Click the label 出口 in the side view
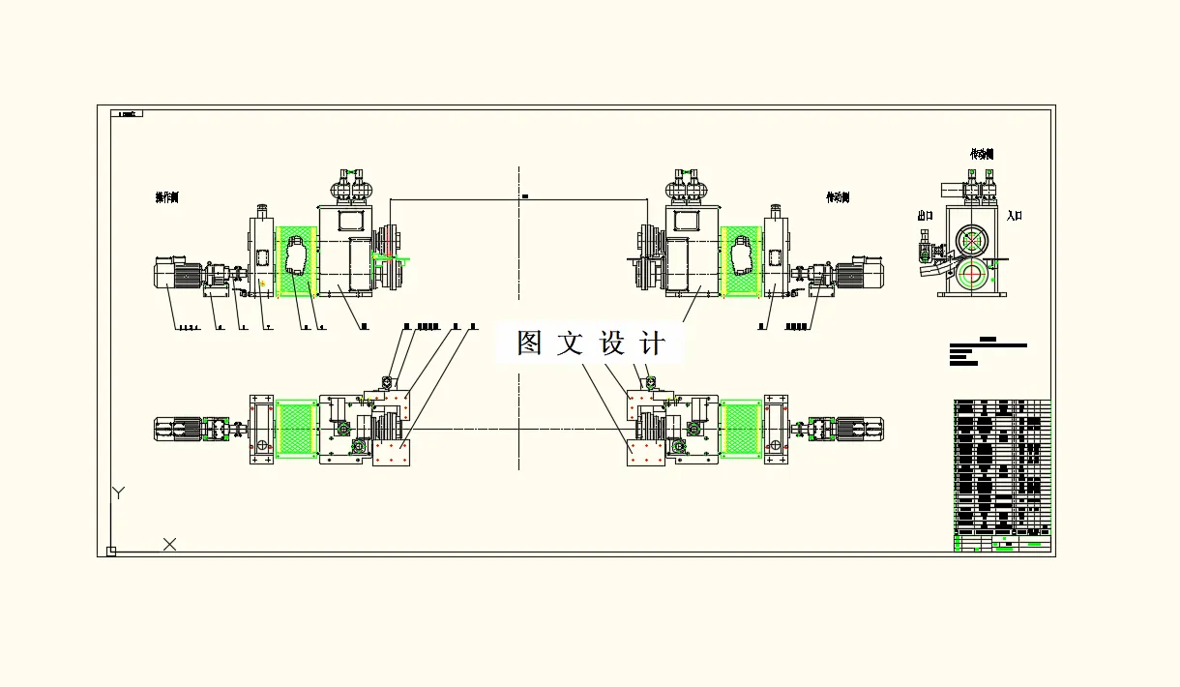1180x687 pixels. pos(926,216)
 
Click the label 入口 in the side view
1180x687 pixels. pos(1014,216)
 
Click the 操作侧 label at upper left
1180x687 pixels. pos(167,197)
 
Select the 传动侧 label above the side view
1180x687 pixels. pos(982,154)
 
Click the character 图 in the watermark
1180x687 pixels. pos(529,343)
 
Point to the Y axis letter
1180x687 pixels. pos(118,493)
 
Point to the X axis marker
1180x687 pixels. pos(169,545)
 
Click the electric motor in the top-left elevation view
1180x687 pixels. pos(177,276)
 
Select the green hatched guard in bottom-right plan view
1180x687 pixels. pos(740,431)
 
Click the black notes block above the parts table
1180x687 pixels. pos(987,351)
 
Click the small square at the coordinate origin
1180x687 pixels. pos(111,552)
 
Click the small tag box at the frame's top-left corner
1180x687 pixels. pos(128,113)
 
